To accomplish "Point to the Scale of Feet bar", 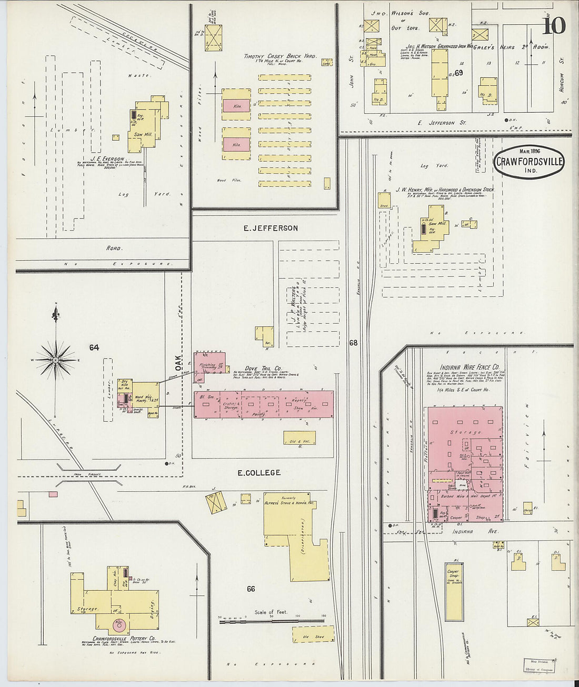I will [273, 622].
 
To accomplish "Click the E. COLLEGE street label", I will [259, 473].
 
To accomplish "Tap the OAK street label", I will [178, 362].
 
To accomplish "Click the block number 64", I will [94, 347].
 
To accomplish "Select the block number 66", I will [251, 589].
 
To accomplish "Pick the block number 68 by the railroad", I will [353, 343].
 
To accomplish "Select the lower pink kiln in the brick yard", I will [236, 144].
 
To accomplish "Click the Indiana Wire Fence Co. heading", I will [470, 367].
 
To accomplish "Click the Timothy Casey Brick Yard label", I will [279, 56].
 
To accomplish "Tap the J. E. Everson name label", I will [107, 158].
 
